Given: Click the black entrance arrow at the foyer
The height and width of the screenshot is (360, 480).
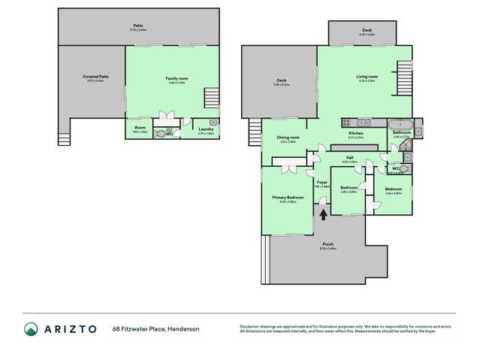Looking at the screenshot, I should [x=324, y=214].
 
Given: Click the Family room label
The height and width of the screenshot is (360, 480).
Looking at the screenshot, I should [x=176, y=77].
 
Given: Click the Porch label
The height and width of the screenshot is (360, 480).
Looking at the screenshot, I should [x=328, y=244].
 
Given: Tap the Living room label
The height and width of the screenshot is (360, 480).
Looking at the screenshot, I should [x=367, y=76].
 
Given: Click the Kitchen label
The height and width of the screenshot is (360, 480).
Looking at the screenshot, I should [x=356, y=133].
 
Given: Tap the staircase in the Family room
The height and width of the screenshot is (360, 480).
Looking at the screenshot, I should [x=212, y=98].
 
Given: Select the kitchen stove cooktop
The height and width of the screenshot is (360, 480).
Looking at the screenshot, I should [x=347, y=123].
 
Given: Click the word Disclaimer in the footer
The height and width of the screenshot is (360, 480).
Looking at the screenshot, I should [x=249, y=325].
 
